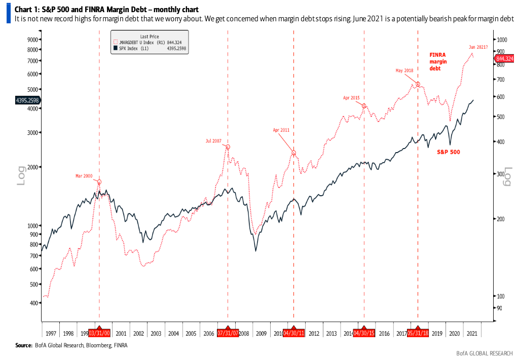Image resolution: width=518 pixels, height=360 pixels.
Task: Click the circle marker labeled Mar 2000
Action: tap(99, 182)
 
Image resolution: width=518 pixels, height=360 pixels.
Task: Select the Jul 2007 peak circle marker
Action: tap(228, 147)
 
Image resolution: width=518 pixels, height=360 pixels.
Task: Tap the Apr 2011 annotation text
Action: tap(281, 130)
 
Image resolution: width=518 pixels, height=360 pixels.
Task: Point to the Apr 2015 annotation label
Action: tap(351, 97)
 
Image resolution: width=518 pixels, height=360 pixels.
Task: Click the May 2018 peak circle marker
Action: tap(418, 84)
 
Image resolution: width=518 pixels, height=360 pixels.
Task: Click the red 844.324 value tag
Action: tap(505, 59)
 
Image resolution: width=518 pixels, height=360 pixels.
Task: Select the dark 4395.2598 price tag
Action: tap(27, 100)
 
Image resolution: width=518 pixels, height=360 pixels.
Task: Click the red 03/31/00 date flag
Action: tap(99, 334)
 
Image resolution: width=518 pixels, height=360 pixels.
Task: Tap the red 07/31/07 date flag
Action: tap(228, 334)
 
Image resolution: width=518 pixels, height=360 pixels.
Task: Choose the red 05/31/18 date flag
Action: tap(418, 334)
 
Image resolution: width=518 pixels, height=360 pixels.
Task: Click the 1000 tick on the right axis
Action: tap(502, 39)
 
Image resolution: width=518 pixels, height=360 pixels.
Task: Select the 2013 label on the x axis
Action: tap(331, 334)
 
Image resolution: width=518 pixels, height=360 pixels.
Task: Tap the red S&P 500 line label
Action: tap(449, 152)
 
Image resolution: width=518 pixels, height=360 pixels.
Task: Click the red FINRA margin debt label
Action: tap(438, 61)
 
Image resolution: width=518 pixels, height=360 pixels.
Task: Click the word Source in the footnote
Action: tap(24, 345)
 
